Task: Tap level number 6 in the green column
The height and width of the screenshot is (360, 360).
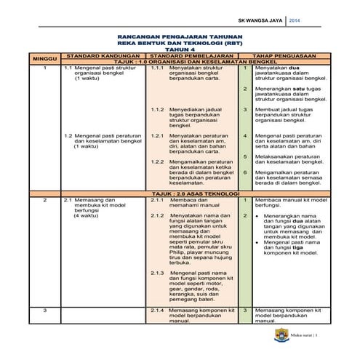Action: [245, 172]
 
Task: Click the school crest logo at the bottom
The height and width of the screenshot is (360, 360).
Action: [281, 335]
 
